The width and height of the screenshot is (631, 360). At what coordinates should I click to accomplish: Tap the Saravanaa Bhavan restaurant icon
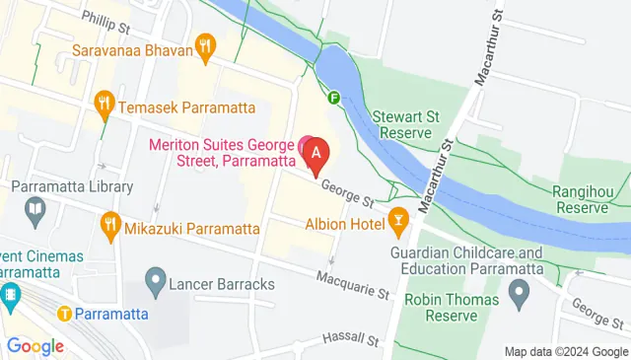[x=205, y=44]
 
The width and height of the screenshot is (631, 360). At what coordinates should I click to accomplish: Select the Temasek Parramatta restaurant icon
[x=104, y=102]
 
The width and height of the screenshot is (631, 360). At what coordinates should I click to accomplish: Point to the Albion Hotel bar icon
[x=398, y=220]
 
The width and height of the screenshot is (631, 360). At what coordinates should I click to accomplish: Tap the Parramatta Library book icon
[x=35, y=208]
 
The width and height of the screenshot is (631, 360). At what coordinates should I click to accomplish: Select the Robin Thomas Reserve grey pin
[x=520, y=292]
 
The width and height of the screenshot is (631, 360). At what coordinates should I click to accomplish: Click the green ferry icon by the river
[x=334, y=98]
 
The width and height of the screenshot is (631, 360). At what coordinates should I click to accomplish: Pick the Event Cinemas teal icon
[x=11, y=294]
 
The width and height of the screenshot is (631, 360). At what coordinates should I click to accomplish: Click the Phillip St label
[x=105, y=18]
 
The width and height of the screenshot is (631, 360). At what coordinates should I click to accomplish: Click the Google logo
[x=35, y=346]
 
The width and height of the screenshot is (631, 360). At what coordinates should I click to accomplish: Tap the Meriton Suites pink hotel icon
[x=306, y=144]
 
